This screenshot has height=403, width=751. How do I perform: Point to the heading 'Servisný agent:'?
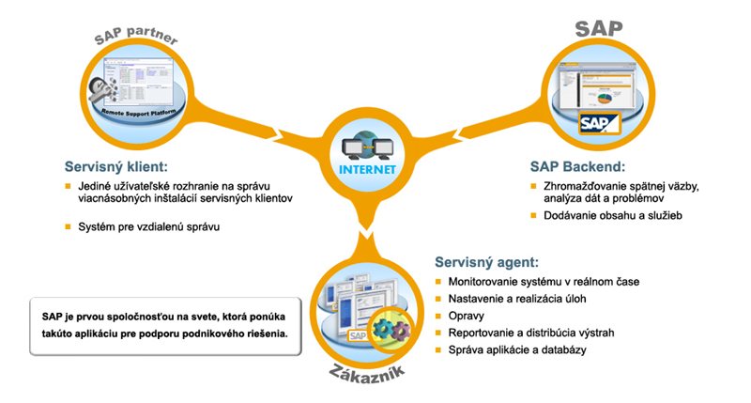tap(486, 262)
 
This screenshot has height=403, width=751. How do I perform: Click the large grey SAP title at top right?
tap(598, 29)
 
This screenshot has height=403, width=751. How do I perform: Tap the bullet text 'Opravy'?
tap(467, 317)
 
